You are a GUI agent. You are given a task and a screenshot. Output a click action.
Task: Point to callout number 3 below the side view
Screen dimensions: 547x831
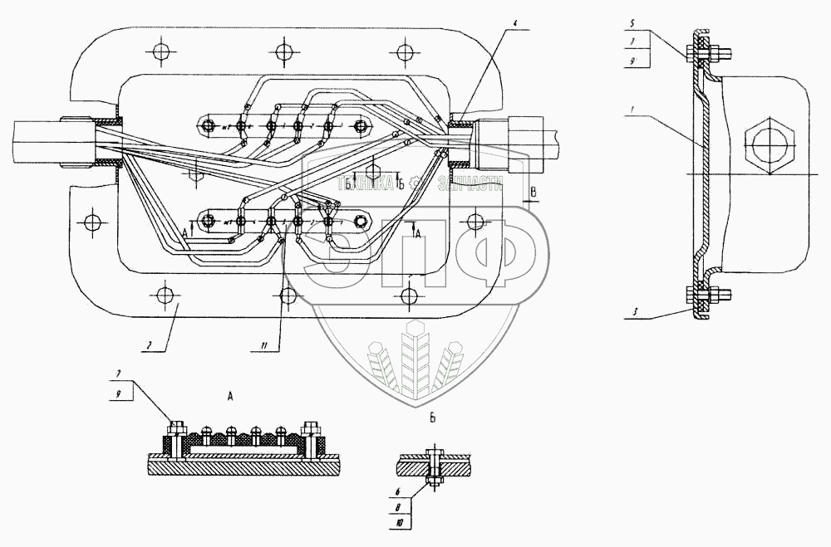pos(635,311)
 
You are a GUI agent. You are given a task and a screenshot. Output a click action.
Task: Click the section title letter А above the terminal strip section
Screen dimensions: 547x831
pos(229,397)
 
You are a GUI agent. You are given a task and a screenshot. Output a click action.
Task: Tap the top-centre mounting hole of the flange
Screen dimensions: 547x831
pos(285,51)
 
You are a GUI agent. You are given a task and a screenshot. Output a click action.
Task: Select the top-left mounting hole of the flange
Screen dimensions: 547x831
pos(160,51)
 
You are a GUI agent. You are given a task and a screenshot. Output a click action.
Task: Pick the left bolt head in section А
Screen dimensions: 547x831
pos(177,429)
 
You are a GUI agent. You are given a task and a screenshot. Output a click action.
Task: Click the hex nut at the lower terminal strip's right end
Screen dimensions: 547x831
pos(359,222)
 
